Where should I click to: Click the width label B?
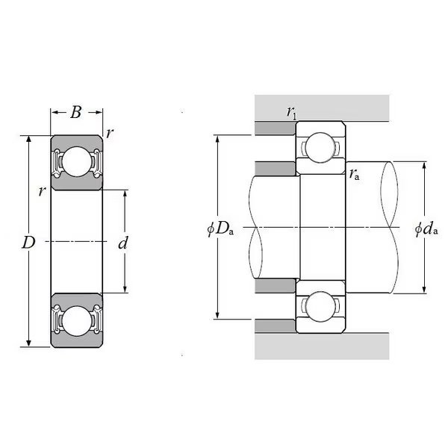76,112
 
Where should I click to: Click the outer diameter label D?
28,243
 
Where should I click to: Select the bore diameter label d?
123,243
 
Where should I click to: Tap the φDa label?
220,228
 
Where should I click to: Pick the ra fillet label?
354,173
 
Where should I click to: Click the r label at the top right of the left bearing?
110,133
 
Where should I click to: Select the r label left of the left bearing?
42,191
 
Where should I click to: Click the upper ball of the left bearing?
76,161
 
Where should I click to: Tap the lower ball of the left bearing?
76,321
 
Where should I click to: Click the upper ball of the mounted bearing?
320,147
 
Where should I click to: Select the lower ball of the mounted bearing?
320,307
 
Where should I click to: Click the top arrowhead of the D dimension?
28,139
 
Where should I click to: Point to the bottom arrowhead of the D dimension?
28,343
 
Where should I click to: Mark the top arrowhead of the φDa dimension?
217,139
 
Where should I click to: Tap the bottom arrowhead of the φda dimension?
424,290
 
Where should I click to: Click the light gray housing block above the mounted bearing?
322,108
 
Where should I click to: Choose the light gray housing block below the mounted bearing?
322,346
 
